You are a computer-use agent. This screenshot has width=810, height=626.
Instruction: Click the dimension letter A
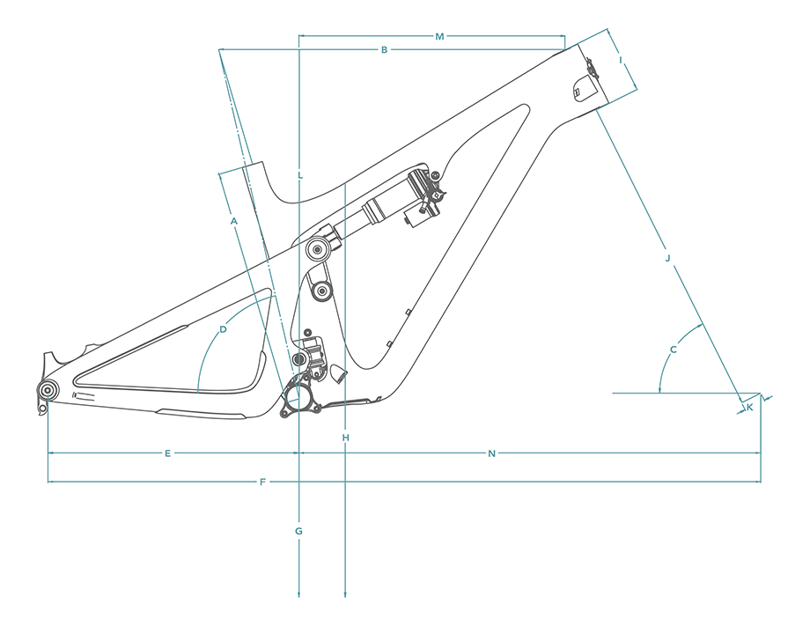click(234, 221)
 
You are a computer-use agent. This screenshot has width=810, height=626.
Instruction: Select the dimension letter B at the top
click(384, 49)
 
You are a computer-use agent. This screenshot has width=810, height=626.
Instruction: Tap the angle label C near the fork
click(674, 350)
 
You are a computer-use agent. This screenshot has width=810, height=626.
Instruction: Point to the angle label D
click(224, 329)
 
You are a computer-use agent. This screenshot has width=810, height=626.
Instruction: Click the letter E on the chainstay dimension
click(167, 453)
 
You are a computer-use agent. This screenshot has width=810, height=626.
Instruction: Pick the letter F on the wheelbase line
click(262, 482)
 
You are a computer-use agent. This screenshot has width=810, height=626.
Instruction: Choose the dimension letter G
click(299, 531)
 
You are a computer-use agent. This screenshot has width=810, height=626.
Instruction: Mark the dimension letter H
click(346, 438)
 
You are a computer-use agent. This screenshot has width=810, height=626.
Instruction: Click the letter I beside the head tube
click(621, 60)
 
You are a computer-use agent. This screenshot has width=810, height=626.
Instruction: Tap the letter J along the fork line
click(667, 258)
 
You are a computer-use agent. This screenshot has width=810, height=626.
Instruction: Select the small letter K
click(749, 407)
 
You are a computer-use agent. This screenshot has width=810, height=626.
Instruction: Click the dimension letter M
click(439, 36)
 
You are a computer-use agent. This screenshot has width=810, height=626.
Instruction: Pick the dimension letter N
click(492, 453)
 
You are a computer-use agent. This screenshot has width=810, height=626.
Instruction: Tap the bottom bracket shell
click(300, 397)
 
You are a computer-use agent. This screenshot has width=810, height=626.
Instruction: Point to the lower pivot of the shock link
click(322, 290)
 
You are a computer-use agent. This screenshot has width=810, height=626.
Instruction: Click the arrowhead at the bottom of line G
click(300, 596)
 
